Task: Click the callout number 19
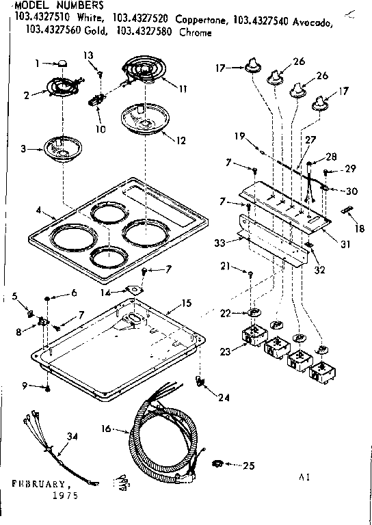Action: click(x=239, y=136)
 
